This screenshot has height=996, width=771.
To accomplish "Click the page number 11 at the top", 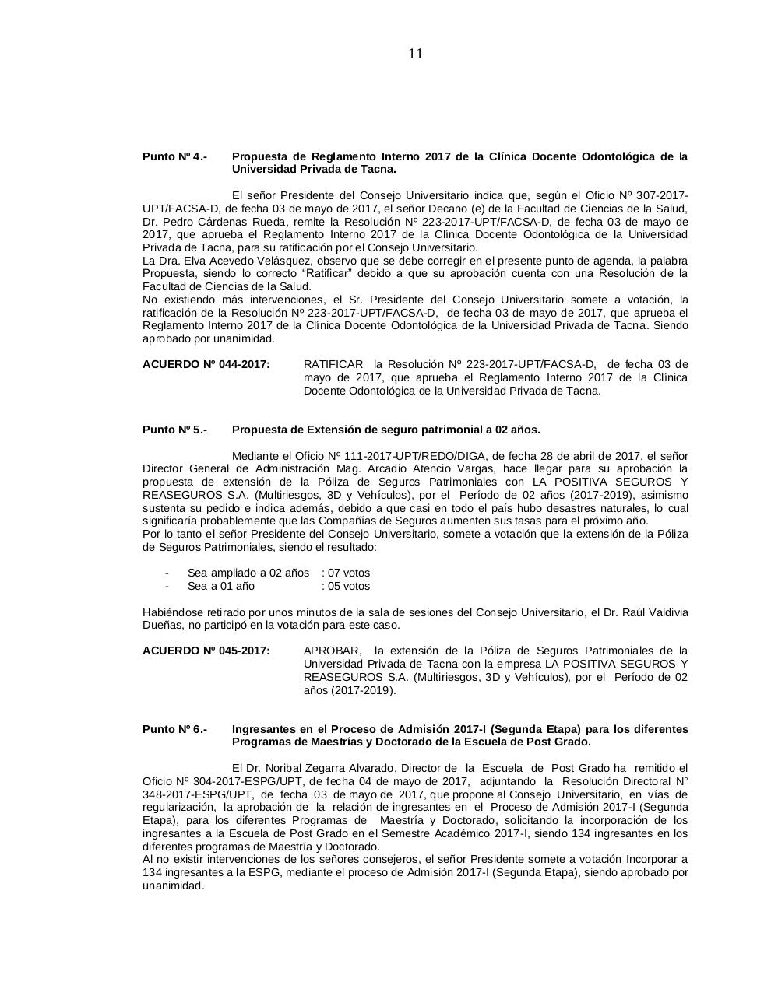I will pos(415,54).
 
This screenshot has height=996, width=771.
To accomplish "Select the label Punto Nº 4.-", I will pos(174,156).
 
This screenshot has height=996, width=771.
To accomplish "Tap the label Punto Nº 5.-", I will pos(174,430).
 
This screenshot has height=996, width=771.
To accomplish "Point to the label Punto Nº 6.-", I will pos(174,729).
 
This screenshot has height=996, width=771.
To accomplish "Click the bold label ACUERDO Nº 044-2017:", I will pos(206,364).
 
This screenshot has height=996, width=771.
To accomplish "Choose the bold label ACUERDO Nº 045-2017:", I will pos(206,651).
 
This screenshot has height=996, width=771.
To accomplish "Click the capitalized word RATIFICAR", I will pos(333,364).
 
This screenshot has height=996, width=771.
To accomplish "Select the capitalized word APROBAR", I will pos(332,651).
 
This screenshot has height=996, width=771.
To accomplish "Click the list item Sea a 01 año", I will pos(220,586).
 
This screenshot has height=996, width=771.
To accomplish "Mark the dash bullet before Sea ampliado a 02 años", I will pos(167,573).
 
